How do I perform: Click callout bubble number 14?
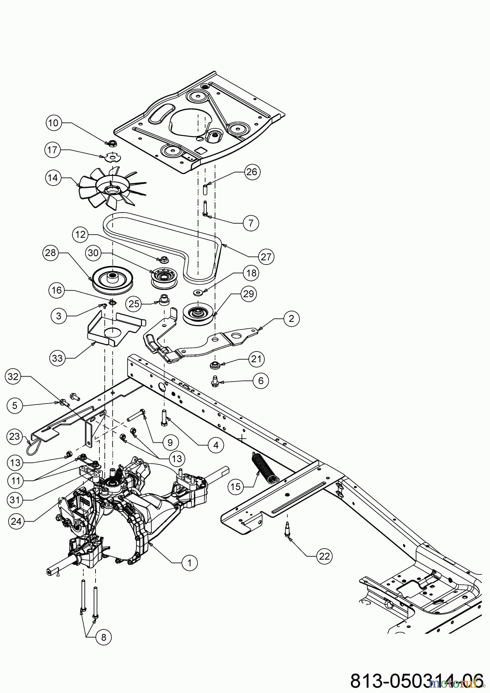53,178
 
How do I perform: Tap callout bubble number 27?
266,257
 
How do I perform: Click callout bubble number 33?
57,358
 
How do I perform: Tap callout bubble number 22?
324,556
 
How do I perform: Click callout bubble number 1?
189,562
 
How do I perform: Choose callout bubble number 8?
103,637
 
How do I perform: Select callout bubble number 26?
252,172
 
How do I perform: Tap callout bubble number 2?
291,318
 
